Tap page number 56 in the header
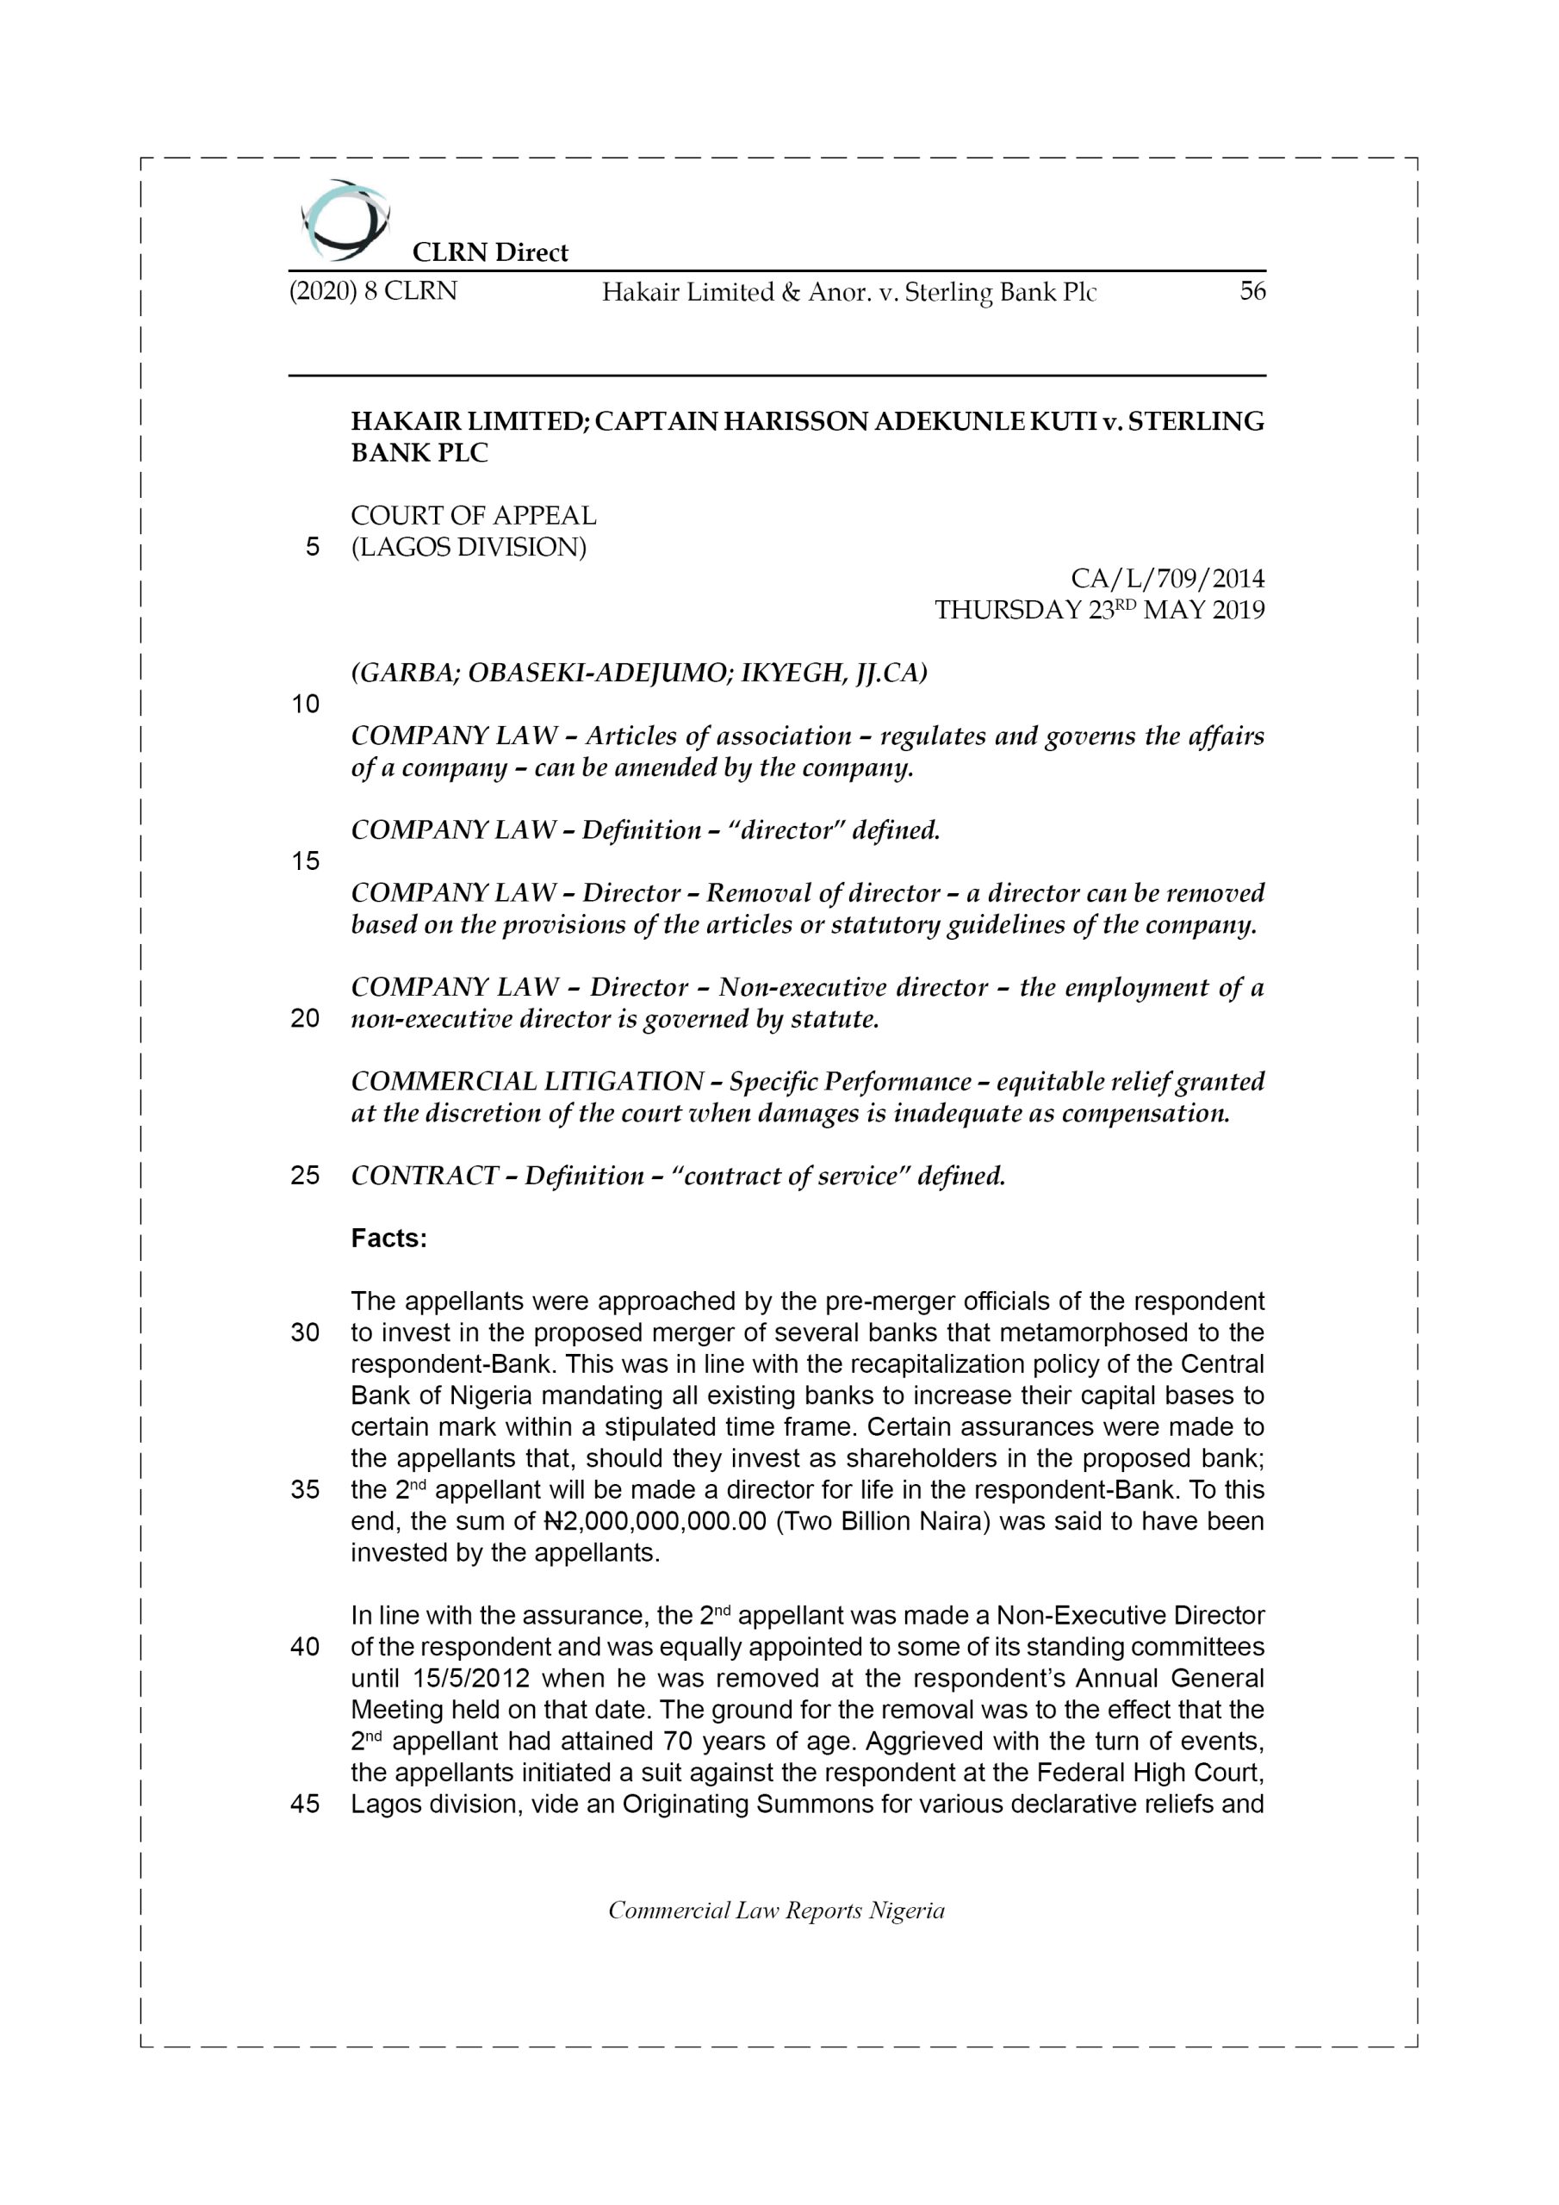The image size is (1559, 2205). click(1252, 291)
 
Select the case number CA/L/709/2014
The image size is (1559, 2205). click(1167, 578)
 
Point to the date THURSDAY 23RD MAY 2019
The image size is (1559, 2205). click(1099, 610)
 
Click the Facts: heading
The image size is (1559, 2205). click(388, 1239)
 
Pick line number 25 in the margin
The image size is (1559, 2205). click(305, 1176)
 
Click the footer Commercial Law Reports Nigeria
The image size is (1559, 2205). click(776, 1910)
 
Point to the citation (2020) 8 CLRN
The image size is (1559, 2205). click(373, 291)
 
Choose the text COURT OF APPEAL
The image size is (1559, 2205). click(473, 516)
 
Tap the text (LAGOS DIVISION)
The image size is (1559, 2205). click(468, 548)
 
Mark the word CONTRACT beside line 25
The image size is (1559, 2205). click(425, 1176)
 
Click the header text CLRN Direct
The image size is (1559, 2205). click(490, 252)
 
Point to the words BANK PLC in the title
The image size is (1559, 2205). click(419, 453)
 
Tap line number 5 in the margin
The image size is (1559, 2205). click(312, 548)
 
